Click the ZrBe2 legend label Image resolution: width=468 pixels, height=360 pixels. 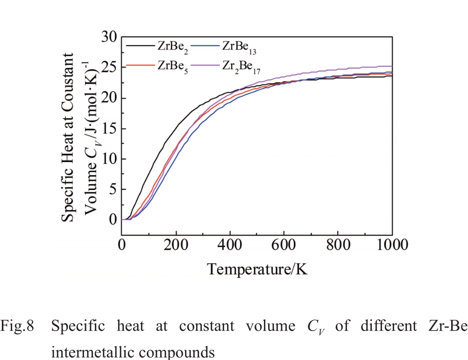click(172, 47)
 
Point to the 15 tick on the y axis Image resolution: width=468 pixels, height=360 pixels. click(109, 128)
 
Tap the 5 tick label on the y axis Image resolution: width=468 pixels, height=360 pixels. click(113, 189)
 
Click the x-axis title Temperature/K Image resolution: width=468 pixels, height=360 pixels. click(257, 269)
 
